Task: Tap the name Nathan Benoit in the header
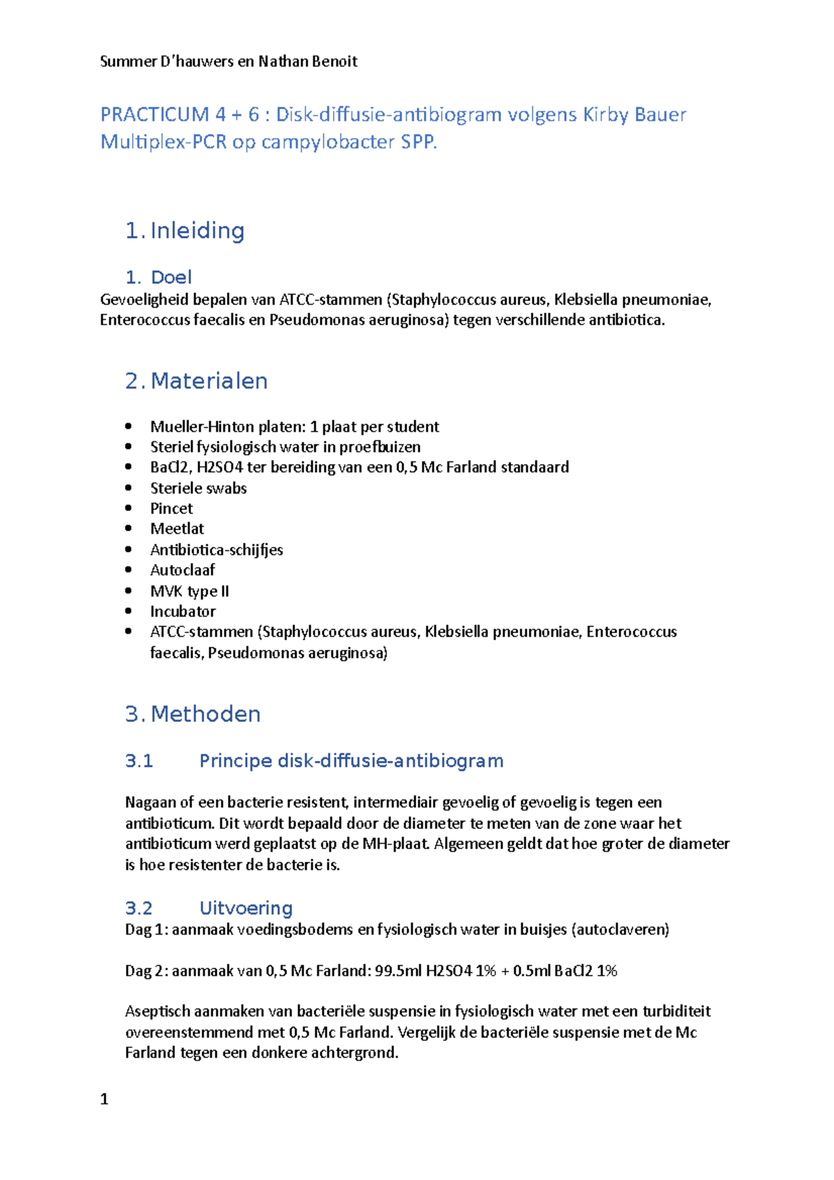tap(308, 61)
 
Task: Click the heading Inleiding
tap(197, 231)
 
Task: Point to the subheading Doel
tap(171, 277)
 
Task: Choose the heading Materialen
tap(208, 381)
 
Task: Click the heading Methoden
tap(205, 714)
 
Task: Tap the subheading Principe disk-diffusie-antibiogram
tap(351, 761)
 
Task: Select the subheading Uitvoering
tap(245, 908)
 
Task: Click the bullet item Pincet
tap(172, 509)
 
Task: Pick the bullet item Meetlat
tap(177, 529)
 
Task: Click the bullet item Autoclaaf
tap(183, 571)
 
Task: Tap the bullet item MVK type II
tap(190, 591)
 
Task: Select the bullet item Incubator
tap(183, 612)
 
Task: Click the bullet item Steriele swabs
tap(199, 489)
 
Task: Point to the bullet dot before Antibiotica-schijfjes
tap(129, 550)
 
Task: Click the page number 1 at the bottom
tap(104, 1099)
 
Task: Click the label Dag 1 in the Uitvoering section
tap(145, 930)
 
